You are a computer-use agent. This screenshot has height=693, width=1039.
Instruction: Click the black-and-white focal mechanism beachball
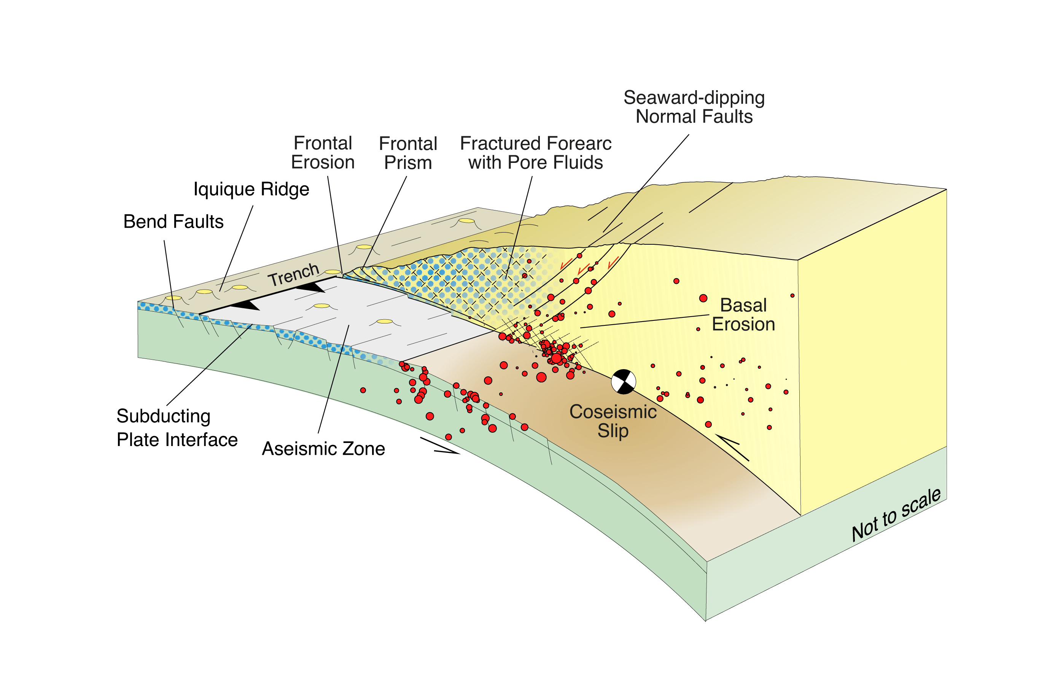[x=623, y=381]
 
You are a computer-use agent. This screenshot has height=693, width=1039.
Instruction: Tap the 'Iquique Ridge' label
[x=251, y=189]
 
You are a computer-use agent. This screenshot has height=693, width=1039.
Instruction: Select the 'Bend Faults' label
[x=173, y=221]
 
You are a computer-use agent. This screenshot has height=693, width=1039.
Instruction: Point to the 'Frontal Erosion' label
[x=323, y=153]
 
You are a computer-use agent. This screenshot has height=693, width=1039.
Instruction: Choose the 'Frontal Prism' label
[x=408, y=153]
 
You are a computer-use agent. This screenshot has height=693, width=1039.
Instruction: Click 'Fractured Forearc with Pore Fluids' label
[x=535, y=153]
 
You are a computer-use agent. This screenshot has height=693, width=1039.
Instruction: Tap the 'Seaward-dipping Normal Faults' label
[x=694, y=107]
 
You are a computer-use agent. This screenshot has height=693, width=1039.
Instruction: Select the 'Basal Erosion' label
[x=743, y=315]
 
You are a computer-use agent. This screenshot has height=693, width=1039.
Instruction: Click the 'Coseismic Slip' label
[x=613, y=421]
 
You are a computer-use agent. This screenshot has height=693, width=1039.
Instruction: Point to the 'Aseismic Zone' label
[x=323, y=449]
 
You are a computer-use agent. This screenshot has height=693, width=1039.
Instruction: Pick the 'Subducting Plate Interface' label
[x=177, y=428]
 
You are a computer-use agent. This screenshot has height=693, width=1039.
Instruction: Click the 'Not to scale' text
[x=896, y=515]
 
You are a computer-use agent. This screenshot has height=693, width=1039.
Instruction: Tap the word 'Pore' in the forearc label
[x=526, y=162]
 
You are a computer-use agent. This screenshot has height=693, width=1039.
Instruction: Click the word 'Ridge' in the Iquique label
[x=285, y=189]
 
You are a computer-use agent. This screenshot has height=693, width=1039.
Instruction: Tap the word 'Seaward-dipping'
[x=694, y=98]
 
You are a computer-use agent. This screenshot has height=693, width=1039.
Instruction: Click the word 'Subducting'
[x=164, y=416]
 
